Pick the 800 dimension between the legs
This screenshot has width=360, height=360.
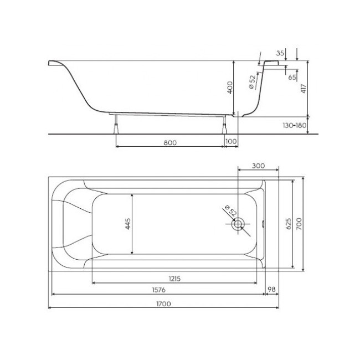[170, 142]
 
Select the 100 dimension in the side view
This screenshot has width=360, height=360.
[232, 142]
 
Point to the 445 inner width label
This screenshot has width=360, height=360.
[128, 223]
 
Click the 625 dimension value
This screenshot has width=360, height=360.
[287, 224]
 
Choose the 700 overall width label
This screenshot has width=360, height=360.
[299, 224]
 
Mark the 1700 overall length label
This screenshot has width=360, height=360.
[163, 303]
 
